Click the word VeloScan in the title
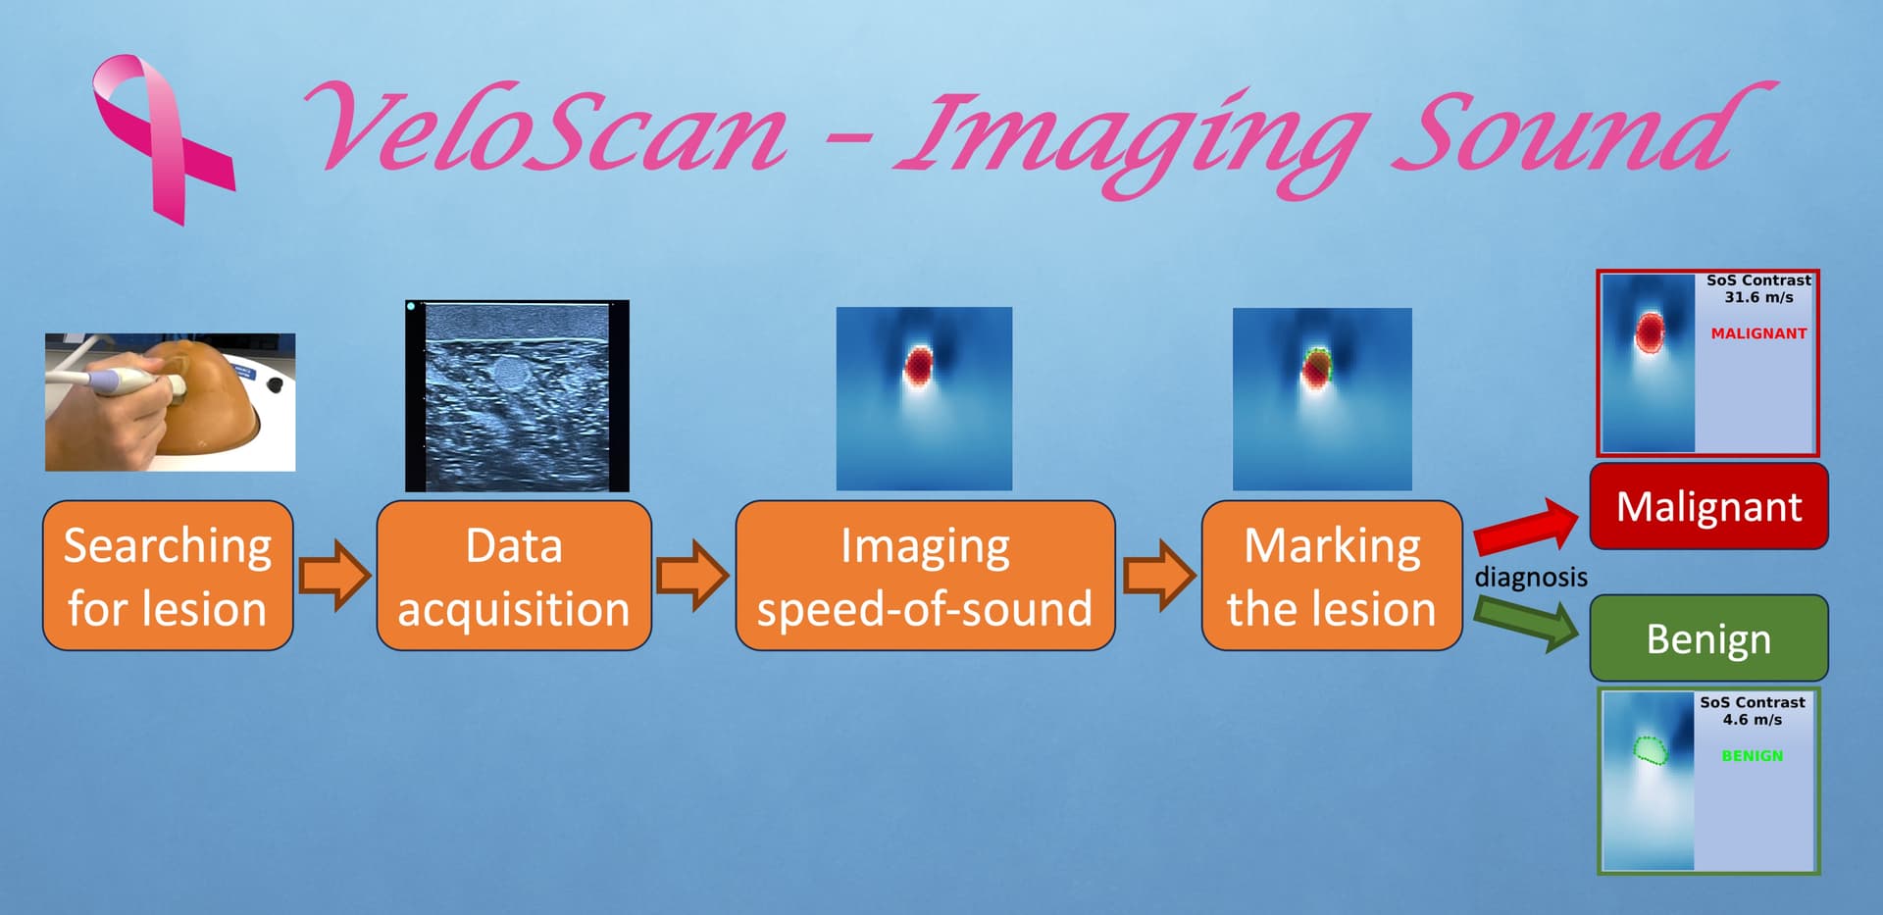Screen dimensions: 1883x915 point(545,127)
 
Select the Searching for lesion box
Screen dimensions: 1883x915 point(168,576)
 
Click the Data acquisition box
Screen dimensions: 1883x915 point(514,576)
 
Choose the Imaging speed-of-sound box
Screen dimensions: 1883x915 point(925,576)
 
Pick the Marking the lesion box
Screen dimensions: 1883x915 point(1332,576)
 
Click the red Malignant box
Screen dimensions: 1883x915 point(1708,506)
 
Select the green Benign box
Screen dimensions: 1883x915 point(1708,638)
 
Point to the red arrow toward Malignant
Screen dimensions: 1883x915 point(1526,526)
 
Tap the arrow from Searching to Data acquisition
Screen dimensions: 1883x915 point(334,575)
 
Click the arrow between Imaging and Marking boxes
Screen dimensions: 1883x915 point(1159,575)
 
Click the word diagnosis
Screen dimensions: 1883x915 point(1531,577)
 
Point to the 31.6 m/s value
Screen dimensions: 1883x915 point(1758,297)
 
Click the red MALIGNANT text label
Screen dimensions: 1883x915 point(1758,333)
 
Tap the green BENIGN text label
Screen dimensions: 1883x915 point(1753,756)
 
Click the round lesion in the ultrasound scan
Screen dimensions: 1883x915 point(509,373)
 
